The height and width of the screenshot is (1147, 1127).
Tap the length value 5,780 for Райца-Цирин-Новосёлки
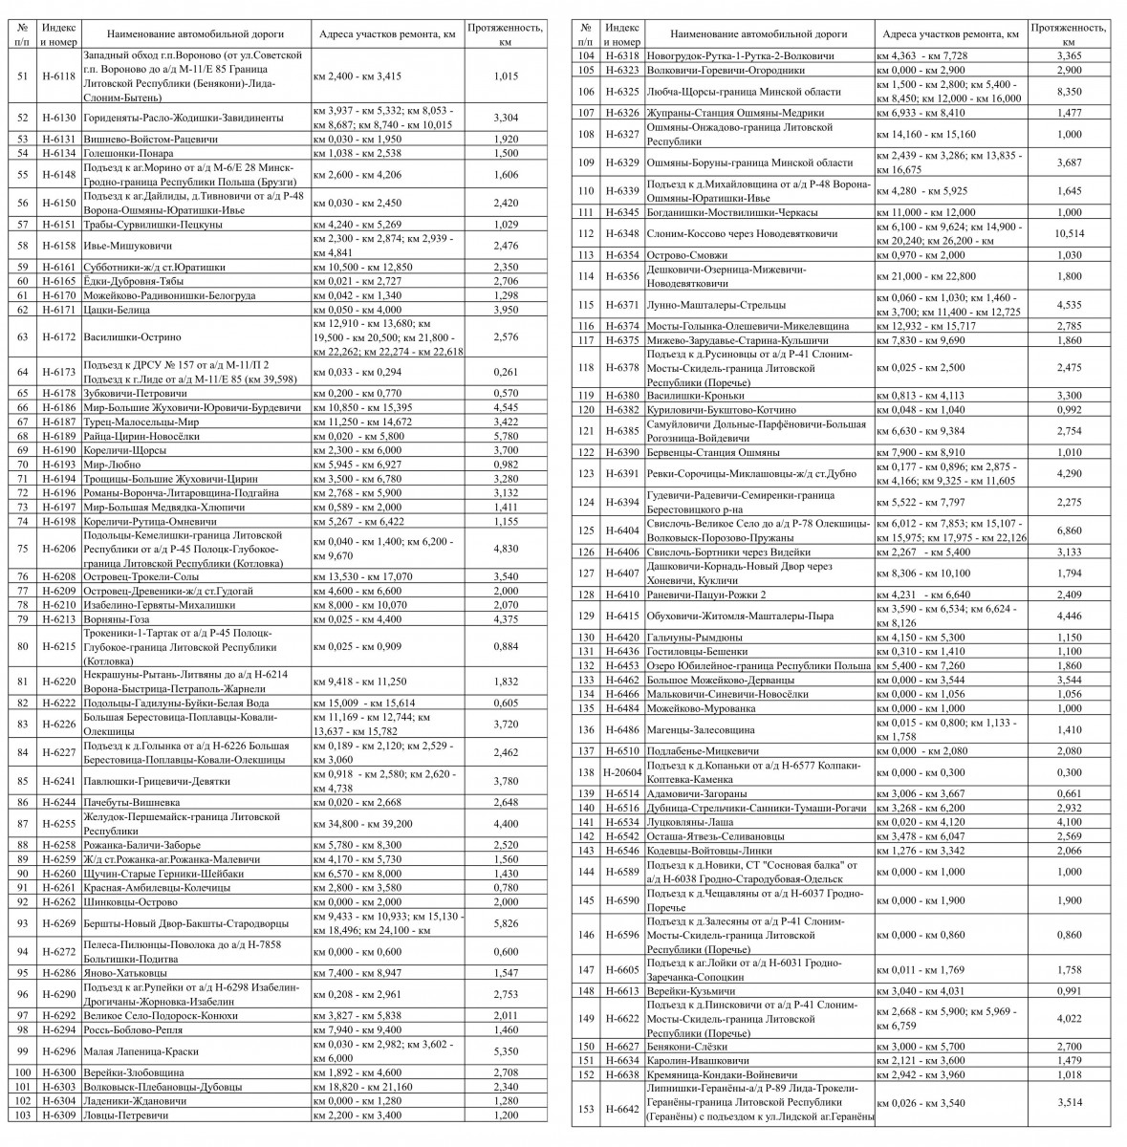[x=506, y=436]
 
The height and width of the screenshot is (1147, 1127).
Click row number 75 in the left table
[x=22, y=549]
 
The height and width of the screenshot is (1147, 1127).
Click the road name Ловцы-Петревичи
[x=126, y=1115]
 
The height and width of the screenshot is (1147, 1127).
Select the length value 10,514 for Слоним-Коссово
[x=1069, y=234]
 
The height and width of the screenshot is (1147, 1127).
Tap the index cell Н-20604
[x=623, y=772]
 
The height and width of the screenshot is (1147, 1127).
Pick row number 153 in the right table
[x=586, y=1109]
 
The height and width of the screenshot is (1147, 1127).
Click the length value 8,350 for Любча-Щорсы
[x=1069, y=92]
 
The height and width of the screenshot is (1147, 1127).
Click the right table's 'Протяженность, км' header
[x=1069, y=33]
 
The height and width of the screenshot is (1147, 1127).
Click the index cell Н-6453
[x=623, y=665]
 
